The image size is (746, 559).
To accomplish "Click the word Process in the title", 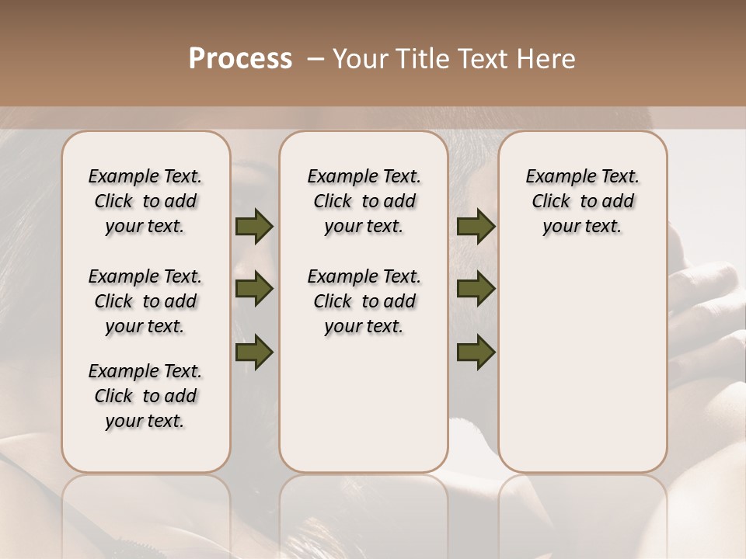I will click(240, 59).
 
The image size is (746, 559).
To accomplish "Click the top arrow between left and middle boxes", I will click(254, 227).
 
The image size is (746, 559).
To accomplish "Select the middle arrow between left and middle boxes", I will click(254, 290).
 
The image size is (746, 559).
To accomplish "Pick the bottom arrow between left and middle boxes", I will click(254, 352).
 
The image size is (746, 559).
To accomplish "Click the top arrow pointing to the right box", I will click(476, 227).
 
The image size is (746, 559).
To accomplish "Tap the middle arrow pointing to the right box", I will click(476, 290).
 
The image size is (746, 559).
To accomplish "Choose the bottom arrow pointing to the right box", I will click(476, 352).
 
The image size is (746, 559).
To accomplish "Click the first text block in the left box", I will click(145, 201).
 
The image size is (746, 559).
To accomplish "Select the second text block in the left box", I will click(145, 301).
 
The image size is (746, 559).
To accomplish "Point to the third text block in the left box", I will click(145, 396).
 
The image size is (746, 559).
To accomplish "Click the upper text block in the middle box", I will click(364, 201).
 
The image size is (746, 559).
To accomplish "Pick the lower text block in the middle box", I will click(364, 301).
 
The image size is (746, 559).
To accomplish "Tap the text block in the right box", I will click(582, 201).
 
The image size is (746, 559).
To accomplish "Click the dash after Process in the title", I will click(315, 59).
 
